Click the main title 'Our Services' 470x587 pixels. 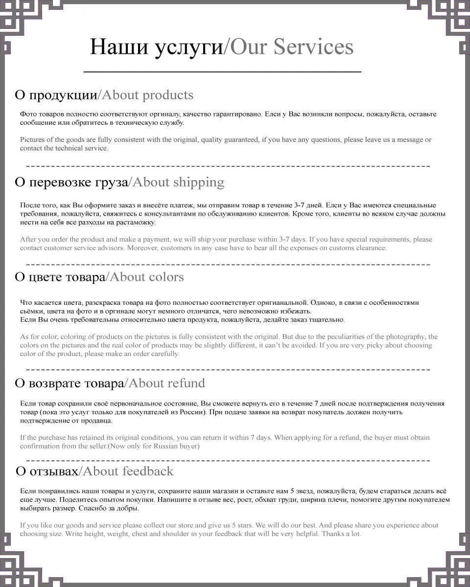click(291, 47)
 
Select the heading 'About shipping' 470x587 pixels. click(178, 182)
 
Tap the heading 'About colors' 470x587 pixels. click(146, 277)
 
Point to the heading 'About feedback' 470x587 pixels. click(128, 471)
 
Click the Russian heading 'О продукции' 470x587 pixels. click(56, 95)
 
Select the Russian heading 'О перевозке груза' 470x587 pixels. click(71, 182)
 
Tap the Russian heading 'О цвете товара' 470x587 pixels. click(60, 277)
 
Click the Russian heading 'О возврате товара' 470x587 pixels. click(69, 383)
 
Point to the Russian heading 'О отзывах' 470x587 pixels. click(47, 471)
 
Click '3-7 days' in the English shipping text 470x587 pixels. click(293, 240)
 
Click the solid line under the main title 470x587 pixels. click(222, 72)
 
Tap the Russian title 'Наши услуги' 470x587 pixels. click(156, 47)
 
